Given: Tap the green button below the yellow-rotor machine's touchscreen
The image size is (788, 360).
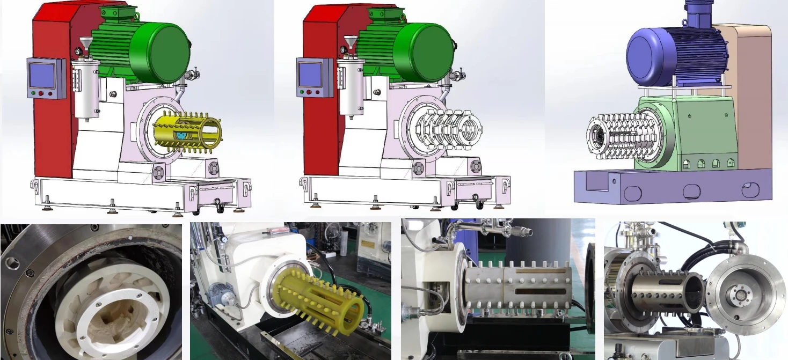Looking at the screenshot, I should point(34,93).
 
